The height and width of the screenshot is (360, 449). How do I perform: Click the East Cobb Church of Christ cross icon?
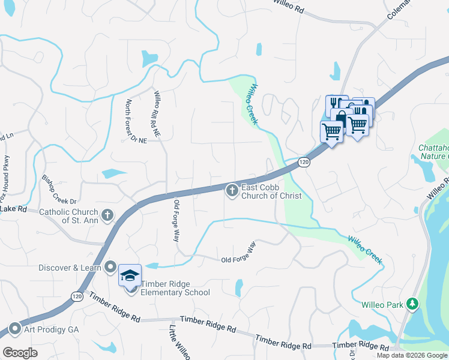coord(231,191)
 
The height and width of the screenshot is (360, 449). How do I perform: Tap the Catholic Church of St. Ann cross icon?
coord(107,215)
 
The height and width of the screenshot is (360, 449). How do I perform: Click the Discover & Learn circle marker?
coord(110,267)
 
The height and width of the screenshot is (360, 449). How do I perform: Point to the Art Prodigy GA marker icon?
coord(14,329)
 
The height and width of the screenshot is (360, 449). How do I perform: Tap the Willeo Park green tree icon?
coord(412,304)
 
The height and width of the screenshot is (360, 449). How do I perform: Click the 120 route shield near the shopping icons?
coord(304,162)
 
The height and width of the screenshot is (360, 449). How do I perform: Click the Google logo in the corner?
coord(20,353)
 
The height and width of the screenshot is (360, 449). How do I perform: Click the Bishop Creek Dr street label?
coord(59,188)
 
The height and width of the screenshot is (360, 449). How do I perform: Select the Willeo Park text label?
coord(382,305)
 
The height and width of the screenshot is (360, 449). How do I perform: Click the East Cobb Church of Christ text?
coord(270,191)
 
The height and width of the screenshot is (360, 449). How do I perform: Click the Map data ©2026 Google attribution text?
coord(412,355)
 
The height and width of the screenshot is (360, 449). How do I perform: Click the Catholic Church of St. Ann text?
coord(69,215)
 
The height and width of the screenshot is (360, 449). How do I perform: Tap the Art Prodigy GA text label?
coord(51,329)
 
